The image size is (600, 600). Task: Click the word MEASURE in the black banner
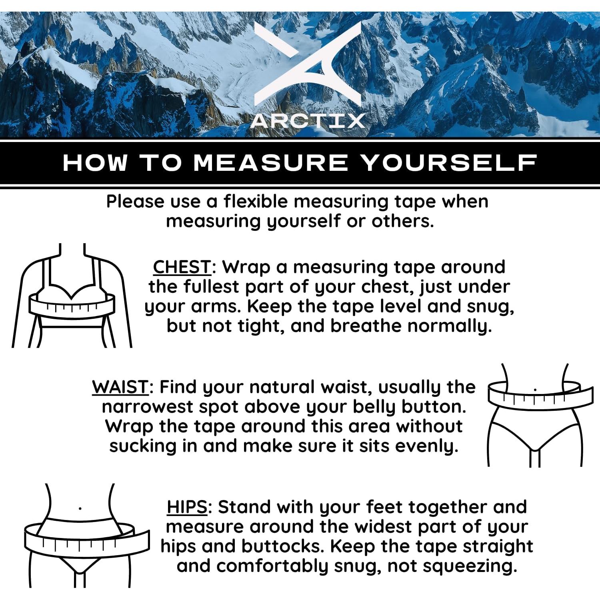[x=271, y=163]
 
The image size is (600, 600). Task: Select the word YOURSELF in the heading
[x=448, y=163]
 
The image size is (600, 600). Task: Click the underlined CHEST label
[x=182, y=267]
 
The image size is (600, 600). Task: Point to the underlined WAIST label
[x=120, y=387]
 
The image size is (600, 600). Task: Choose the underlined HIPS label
[x=187, y=507]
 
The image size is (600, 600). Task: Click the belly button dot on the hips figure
[x=80, y=509]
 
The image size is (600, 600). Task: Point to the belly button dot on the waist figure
[x=535, y=389]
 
